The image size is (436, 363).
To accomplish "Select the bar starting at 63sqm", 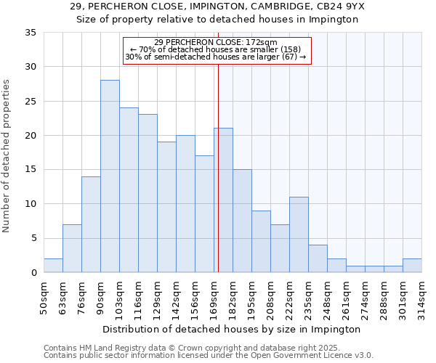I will (x=72, y=248).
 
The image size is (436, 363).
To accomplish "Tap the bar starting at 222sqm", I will (x=299, y=234).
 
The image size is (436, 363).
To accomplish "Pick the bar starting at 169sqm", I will (x=223, y=200).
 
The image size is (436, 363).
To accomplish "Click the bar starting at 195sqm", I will (x=261, y=241).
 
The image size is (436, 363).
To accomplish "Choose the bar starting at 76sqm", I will (x=91, y=224).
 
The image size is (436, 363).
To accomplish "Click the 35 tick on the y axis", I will (x=31, y=33).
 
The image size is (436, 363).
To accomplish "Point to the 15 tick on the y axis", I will (x=31, y=170).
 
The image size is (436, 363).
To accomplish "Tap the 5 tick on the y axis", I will (x=33, y=238).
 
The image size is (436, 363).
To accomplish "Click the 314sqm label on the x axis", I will (x=422, y=298).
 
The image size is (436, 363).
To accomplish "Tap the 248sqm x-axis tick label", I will (x=328, y=298).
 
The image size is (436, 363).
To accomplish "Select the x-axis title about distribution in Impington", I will (x=233, y=329).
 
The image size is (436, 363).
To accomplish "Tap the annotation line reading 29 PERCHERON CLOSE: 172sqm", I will (x=217, y=42).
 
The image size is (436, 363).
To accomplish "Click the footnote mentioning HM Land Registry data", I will (x=208, y=348).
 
